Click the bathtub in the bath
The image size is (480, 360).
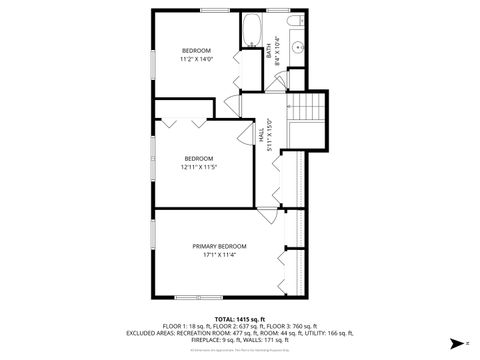(251, 30)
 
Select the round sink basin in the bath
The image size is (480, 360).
(298, 46)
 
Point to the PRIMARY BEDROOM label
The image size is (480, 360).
(219, 246)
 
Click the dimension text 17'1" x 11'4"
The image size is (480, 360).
(219, 254)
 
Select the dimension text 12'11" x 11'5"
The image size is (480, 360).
(198, 167)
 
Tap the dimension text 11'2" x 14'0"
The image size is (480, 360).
(196, 59)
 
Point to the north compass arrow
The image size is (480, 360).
(454, 342)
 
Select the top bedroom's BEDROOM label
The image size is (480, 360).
(196, 51)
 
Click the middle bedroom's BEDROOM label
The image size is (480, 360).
(198, 159)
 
